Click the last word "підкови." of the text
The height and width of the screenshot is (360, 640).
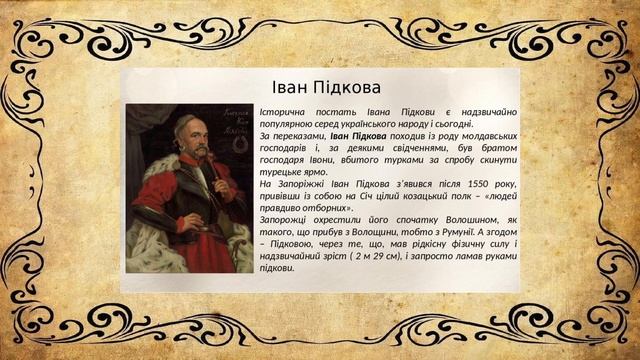[277, 267]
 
